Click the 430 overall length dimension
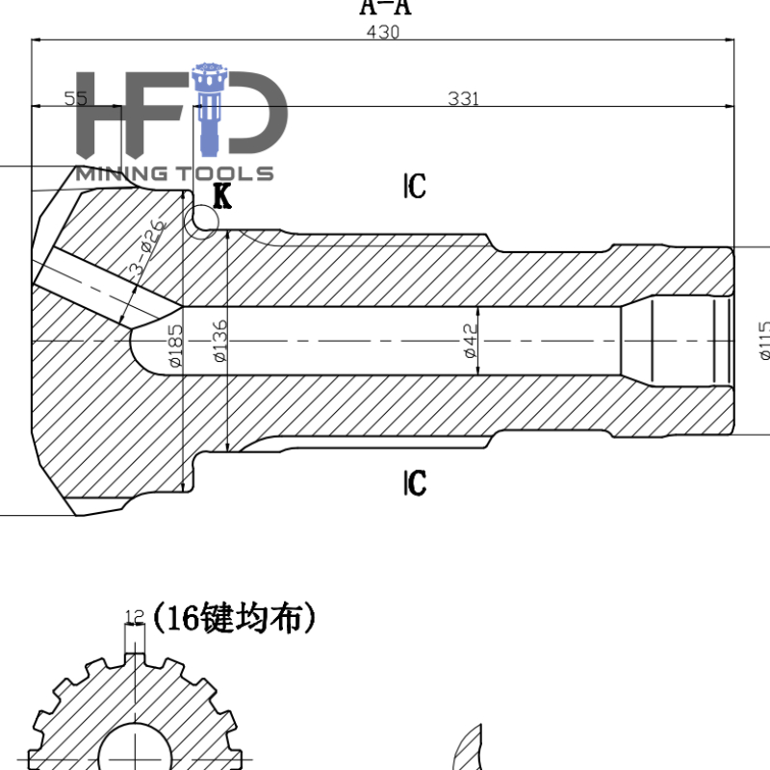[382, 32]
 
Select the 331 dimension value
[463, 98]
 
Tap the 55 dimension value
[75, 98]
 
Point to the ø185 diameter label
[175, 346]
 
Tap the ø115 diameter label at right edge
[763, 340]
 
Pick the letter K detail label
[222, 197]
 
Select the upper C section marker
[415, 186]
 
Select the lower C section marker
[415, 483]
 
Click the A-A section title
[384, 8]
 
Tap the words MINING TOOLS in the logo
[174, 174]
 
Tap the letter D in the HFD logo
[255, 115]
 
